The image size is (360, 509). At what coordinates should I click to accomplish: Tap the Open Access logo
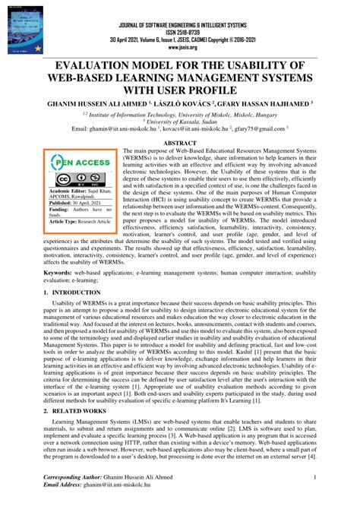[x=81, y=162]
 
